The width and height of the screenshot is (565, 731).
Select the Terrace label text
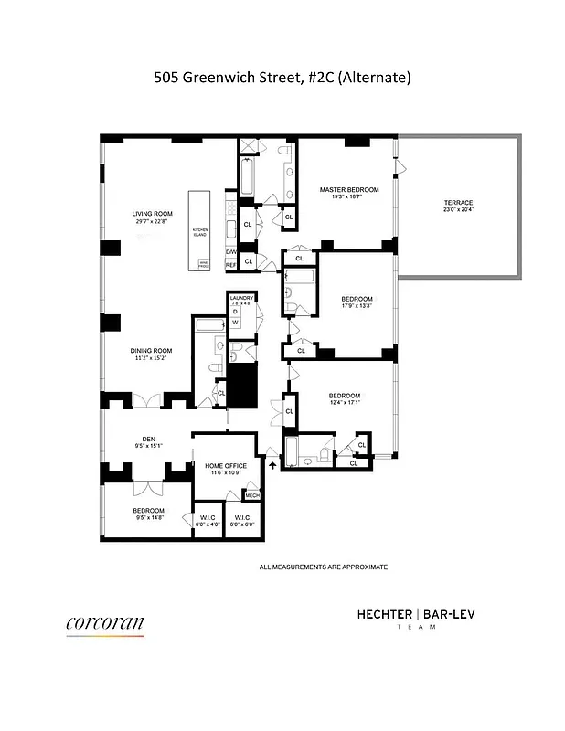click(458, 202)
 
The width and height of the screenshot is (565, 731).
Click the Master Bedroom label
click(343, 190)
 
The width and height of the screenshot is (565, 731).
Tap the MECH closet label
click(252, 496)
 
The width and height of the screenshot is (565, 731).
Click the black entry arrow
click(272, 466)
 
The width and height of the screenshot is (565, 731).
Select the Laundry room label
click(241, 299)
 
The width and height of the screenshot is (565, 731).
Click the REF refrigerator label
click(231, 266)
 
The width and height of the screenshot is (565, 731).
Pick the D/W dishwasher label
click(231, 252)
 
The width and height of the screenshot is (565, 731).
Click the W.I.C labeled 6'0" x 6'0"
click(242, 521)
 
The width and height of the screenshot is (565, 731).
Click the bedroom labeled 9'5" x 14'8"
click(148, 514)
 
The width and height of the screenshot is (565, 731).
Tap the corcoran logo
click(104, 624)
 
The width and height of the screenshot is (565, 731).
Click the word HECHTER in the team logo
click(383, 615)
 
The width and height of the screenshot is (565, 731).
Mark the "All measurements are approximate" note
click(324, 567)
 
